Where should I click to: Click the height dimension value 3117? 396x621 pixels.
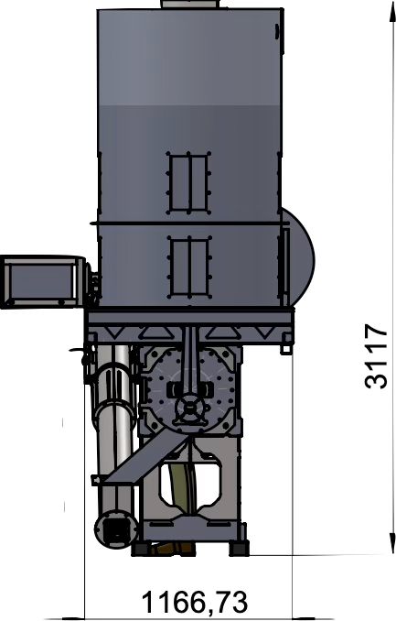tap(376, 356)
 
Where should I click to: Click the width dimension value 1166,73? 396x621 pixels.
tap(195, 602)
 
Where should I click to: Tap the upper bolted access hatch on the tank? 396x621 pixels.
tap(188, 182)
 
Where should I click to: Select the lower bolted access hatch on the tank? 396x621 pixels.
tap(188, 267)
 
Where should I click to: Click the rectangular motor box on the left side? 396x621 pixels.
tap(41, 281)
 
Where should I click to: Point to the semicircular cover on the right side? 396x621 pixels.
tap(299, 256)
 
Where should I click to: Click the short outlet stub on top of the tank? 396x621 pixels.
tap(190, 4)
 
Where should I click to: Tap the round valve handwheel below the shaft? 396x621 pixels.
tap(190, 409)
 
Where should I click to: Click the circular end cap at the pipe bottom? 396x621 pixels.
tap(115, 529)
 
